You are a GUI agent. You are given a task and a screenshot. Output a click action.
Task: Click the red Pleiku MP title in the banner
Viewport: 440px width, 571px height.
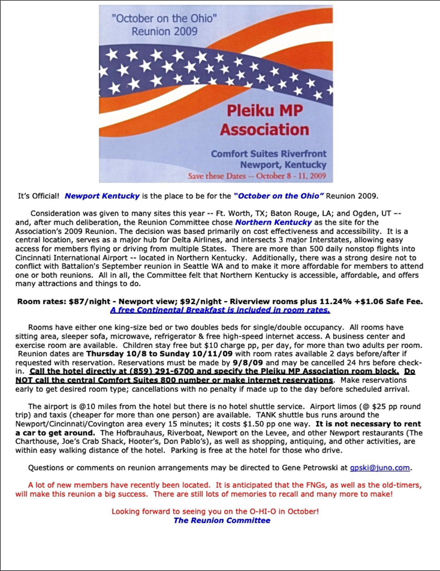(x=265, y=111)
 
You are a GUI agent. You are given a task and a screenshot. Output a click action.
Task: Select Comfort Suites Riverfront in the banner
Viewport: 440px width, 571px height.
(x=268, y=154)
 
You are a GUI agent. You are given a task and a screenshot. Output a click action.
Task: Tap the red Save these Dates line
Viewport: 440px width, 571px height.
(x=256, y=176)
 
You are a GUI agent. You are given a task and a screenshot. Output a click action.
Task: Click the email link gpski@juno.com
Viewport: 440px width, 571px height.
(x=379, y=468)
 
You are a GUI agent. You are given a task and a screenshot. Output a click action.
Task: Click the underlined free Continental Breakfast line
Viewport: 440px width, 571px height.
(x=220, y=310)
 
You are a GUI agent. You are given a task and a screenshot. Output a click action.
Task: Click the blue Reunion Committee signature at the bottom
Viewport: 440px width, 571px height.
(x=222, y=521)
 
